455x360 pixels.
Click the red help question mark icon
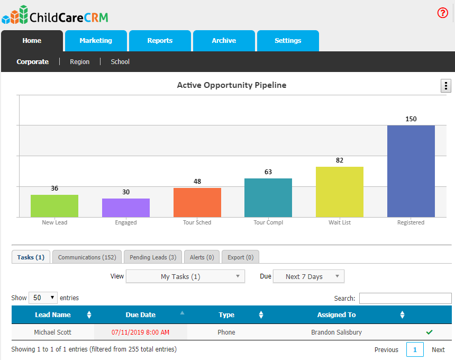(x=443, y=13)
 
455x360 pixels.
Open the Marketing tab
(x=96, y=41)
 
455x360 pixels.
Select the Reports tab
(x=160, y=41)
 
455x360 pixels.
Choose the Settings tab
(x=288, y=41)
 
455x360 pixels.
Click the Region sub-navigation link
(x=80, y=62)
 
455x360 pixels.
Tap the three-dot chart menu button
(x=446, y=86)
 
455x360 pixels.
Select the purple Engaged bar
(x=126, y=208)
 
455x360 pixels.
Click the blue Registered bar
(x=411, y=171)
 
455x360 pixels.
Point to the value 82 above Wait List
(x=340, y=160)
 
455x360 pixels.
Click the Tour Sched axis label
(x=197, y=223)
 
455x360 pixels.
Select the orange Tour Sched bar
(x=197, y=202)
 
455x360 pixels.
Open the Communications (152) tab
(x=87, y=257)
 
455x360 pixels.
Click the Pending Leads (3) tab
(x=153, y=257)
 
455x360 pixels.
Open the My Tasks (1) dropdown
(x=185, y=276)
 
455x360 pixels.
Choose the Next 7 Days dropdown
(x=308, y=276)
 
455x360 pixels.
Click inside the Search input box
(x=405, y=299)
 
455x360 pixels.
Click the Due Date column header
(x=141, y=315)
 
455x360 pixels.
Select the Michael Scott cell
(x=53, y=332)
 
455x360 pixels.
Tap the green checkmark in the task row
(x=429, y=332)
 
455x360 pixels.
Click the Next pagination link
(x=438, y=350)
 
